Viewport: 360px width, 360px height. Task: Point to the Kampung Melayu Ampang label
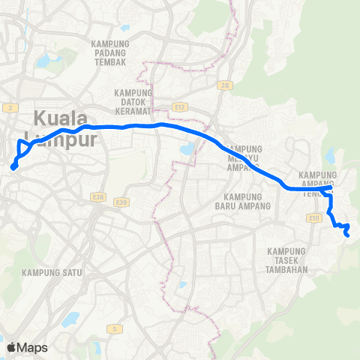click(245, 158)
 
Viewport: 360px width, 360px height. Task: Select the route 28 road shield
click(223, 86)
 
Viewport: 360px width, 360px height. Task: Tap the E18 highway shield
click(313, 217)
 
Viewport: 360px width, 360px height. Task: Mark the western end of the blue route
click(13, 167)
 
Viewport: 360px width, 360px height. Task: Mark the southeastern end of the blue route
click(347, 236)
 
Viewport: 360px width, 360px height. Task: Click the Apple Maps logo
click(27, 346)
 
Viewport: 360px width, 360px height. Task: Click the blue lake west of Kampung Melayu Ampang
click(186, 151)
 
